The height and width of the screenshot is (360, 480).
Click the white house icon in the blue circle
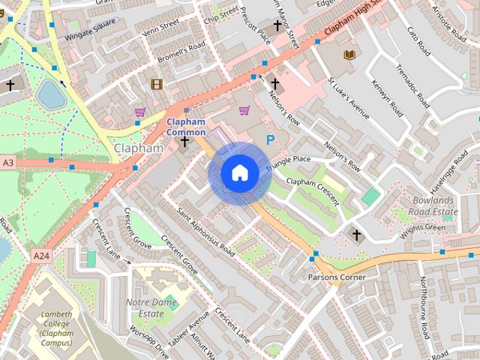(x=239, y=172)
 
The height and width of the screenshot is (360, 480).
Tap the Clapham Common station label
(x=186, y=127)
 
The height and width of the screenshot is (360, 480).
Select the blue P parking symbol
(x=271, y=139)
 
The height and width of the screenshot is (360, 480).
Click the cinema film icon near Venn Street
(x=156, y=85)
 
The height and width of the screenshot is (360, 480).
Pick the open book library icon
(x=349, y=55)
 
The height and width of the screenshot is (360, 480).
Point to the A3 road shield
(x=7, y=163)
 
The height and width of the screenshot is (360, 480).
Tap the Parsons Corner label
(x=337, y=277)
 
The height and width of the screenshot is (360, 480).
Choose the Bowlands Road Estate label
(x=435, y=206)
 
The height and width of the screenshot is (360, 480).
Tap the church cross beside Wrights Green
(x=356, y=235)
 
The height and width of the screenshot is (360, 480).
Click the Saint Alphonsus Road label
(x=206, y=232)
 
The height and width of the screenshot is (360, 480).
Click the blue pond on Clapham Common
(x=50, y=94)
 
